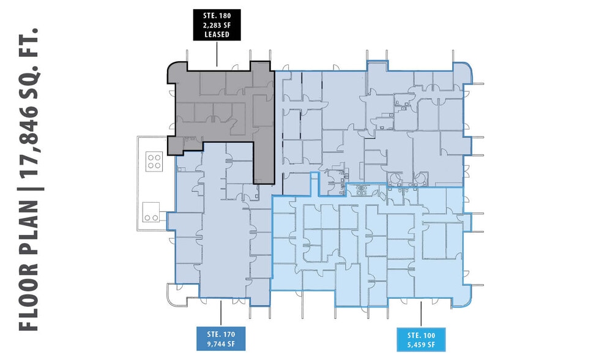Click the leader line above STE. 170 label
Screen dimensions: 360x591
[221, 315]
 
